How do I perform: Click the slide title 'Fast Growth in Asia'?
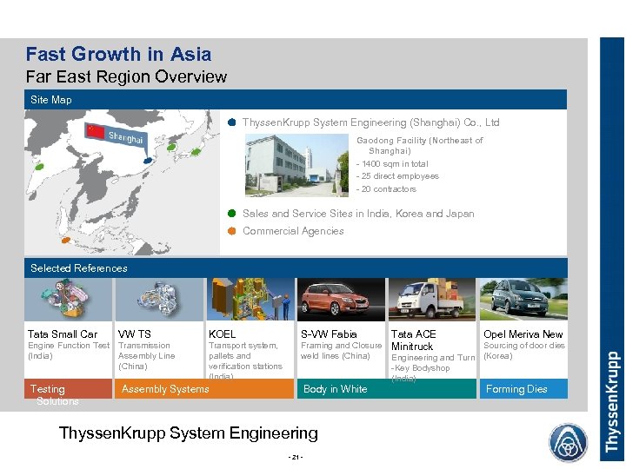(x=118, y=54)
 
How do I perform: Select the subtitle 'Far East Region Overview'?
(x=126, y=76)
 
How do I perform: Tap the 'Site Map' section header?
(x=51, y=100)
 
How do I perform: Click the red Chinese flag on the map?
(x=96, y=131)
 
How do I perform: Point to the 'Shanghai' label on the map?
(x=126, y=137)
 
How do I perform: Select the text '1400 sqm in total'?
(x=394, y=163)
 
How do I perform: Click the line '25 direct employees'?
(x=399, y=176)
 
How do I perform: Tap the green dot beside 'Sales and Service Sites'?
(x=232, y=213)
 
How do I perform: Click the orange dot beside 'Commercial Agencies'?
(x=232, y=231)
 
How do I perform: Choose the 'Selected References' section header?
(x=79, y=268)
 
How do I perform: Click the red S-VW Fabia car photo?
(x=341, y=300)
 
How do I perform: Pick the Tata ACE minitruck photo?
(x=432, y=300)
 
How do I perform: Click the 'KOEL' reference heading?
(x=222, y=334)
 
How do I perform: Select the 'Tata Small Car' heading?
(x=63, y=334)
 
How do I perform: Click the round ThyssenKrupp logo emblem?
(x=568, y=441)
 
